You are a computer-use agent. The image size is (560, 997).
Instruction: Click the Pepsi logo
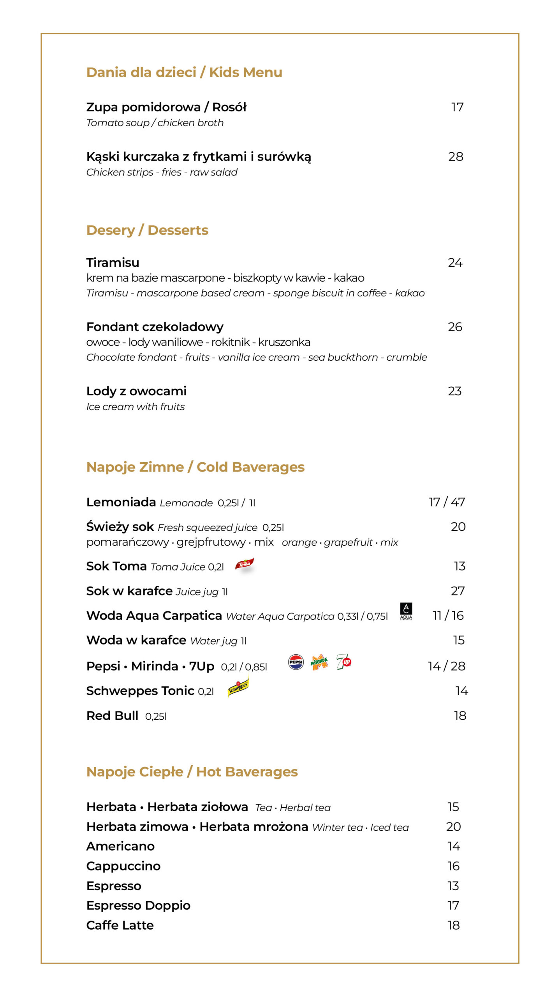[296, 662]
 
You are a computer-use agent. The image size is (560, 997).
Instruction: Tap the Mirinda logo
[319, 662]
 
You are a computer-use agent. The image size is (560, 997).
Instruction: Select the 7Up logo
[344, 662]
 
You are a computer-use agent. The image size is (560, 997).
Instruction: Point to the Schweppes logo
[238, 688]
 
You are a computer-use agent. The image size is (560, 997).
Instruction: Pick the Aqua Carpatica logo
[406, 611]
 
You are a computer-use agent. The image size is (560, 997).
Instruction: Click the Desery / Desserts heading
[147, 230]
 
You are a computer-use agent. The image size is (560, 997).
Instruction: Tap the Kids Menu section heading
[184, 72]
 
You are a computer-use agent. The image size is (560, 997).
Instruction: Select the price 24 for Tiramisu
[455, 263]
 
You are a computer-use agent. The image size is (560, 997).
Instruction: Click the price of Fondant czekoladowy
[455, 327]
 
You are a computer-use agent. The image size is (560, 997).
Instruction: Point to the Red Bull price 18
[460, 716]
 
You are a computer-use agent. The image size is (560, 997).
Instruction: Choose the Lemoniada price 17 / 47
[447, 502]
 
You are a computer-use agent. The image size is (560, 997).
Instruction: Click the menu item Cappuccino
[123, 866]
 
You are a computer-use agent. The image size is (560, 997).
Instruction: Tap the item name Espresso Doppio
[138, 905]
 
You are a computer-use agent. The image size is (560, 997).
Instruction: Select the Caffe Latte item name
[120, 925]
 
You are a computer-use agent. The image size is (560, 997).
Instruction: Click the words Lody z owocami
[136, 391]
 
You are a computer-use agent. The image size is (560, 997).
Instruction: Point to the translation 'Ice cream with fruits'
[136, 407]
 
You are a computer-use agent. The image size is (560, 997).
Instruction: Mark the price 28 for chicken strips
[456, 157]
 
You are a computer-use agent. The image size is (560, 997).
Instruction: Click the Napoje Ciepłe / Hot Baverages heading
[192, 772]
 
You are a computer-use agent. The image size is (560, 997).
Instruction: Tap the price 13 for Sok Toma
[460, 566]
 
